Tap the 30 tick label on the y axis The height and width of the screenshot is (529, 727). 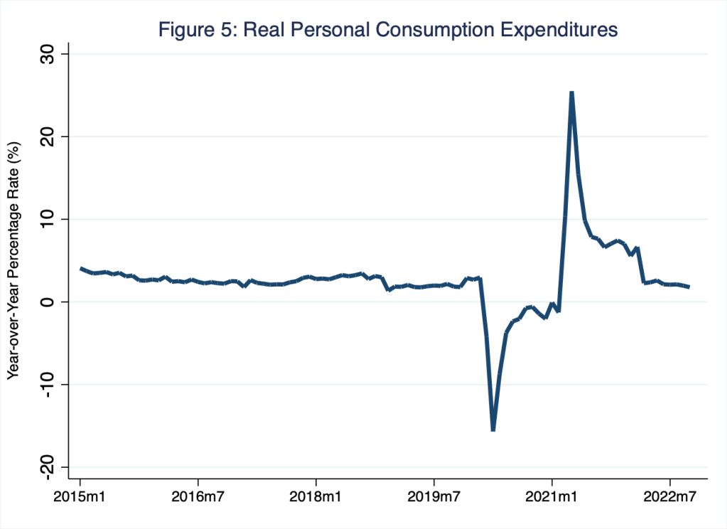(x=54, y=54)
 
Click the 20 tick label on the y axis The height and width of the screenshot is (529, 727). (x=54, y=137)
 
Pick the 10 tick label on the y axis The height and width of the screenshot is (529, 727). (x=54, y=219)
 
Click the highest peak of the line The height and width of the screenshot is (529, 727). (x=571, y=92)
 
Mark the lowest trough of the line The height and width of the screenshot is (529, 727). (x=492, y=429)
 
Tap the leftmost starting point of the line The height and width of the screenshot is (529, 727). (x=80, y=269)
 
